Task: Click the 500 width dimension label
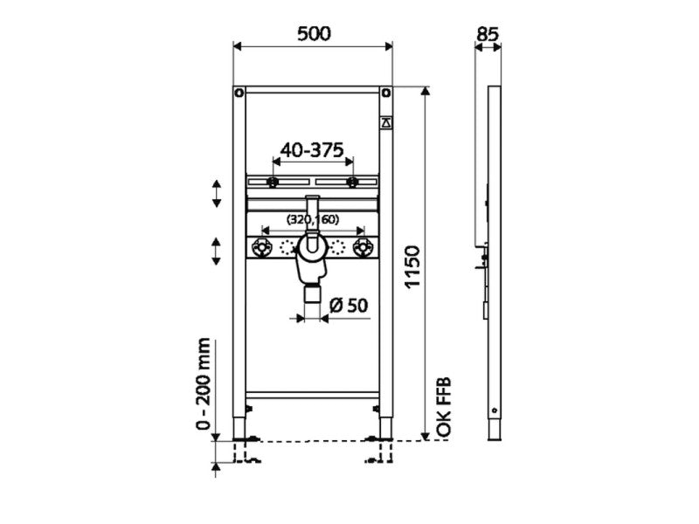click(x=314, y=33)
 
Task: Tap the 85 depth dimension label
click(x=487, y=34)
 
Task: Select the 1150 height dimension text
click(x=412, y=266)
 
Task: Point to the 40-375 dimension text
click(x=312, y=150)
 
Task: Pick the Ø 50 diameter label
click(x=349, y=306)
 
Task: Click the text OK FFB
click(x=444, y=407)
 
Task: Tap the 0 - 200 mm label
click(x=203, y=383)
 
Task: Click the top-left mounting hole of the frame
click(x=239, y=93)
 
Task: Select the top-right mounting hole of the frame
click(x=386, y=93)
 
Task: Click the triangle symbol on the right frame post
click(x=386, y=123)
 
